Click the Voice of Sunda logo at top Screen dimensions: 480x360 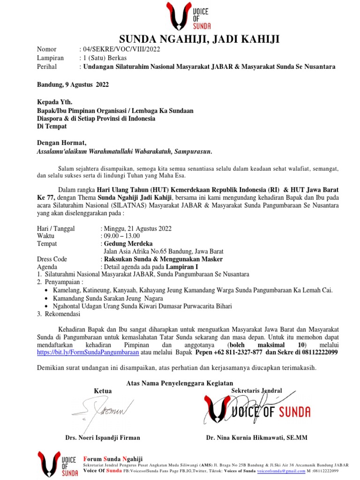pos(188,17)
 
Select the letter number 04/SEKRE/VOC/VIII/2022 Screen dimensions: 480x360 pos(121,49)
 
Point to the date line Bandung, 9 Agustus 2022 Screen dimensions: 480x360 pos(73,85)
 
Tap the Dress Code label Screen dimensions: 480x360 pos(52,259)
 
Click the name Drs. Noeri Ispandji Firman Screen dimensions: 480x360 pos(102,438)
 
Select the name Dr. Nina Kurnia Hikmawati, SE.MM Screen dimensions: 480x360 pos(256,438)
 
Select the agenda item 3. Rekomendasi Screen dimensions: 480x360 pos(59,314)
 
